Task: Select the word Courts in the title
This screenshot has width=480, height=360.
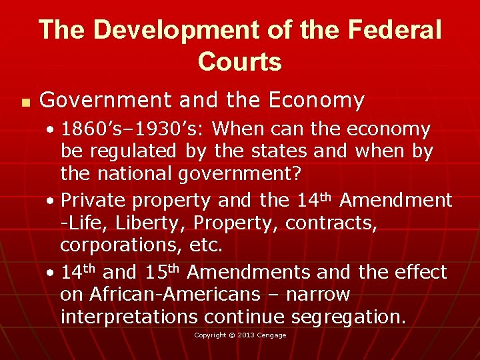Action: [240, 62]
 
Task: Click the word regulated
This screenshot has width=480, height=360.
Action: [131, 151]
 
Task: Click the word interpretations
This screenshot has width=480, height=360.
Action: [137, 317]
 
